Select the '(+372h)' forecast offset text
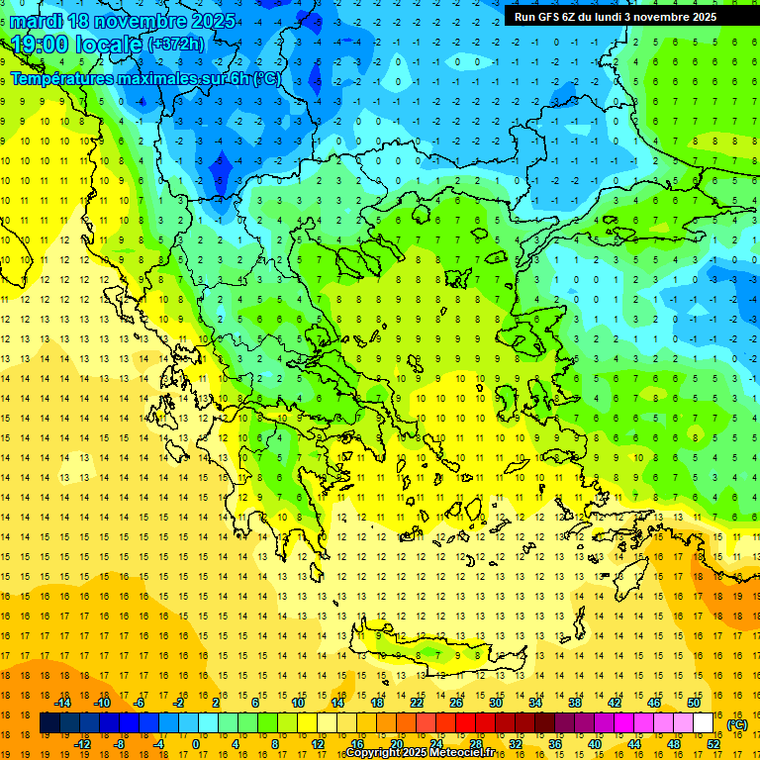(x=176, y=45)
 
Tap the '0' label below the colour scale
(x=196, y=743)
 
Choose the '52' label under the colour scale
(x=714, y=743)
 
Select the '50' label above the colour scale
(x=694, y=703)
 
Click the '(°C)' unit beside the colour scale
(x=737, y=724)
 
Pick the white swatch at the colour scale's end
(x=704, y=723)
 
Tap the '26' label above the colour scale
(x=456, y=703)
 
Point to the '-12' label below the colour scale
(x=83, y=743)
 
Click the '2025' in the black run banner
(x=699, y=16)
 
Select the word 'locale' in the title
(x=110, y=45)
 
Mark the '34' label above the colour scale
(x=535, y=703)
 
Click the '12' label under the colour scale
(x=318, y=743)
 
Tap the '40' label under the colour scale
(x=596, y=743)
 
